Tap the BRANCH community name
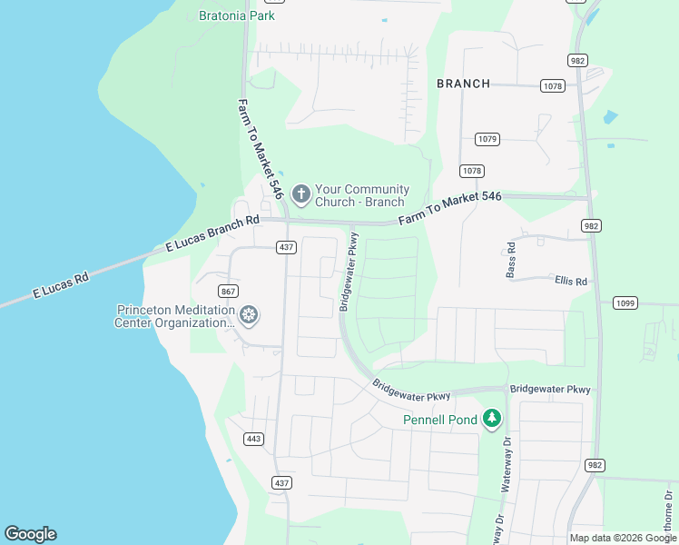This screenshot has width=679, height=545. tap(463, 84)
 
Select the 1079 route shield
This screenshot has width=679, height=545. tap(487, 139)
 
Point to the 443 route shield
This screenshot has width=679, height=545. tap(253, 439)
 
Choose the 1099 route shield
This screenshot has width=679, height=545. tap(625, 303)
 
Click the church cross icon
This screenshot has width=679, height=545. tap(300, 194)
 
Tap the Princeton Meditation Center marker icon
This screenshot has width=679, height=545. tap(249, 315)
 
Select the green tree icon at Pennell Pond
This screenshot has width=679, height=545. tap(492, 418)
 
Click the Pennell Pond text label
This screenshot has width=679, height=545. tap(440, 420)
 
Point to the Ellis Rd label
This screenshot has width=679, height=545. tap(571, 282)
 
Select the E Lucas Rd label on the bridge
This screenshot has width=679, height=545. tap(61, 286)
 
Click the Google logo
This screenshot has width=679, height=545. tap(30, 534)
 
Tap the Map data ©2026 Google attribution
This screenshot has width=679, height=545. tap(623, 538)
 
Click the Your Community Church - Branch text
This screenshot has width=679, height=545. tap(361, 195)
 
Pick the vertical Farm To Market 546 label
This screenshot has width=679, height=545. tap(261, 150)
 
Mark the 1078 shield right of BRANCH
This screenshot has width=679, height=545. tap(552, 86)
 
